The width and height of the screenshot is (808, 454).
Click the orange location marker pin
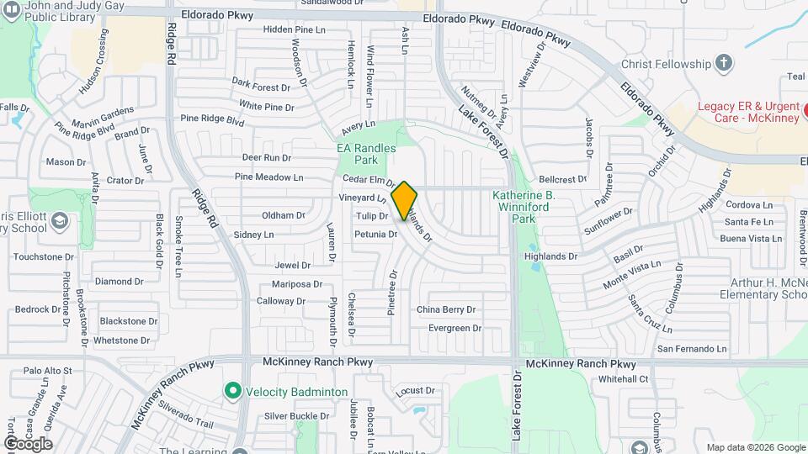[404, 200]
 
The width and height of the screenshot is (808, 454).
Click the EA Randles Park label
[366, 153]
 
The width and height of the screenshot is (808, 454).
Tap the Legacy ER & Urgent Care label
[748, 112]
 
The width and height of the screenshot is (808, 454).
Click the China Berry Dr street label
[446, 309]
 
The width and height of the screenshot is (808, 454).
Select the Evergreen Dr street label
[454, 328]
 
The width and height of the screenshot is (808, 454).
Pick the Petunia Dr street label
[375, 234]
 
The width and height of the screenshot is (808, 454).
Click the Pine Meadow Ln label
[268, 177]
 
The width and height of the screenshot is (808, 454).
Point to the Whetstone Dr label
[121, 340]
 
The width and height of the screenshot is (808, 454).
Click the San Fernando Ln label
[691, 348]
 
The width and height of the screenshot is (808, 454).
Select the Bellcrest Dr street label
[562, 179]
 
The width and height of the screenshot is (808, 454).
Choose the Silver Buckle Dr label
[296, 415]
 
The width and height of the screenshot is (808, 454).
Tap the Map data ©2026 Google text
[755, 447]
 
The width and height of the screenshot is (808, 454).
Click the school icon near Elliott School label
[59, 220]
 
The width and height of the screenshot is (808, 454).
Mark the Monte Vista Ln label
[632, 275]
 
